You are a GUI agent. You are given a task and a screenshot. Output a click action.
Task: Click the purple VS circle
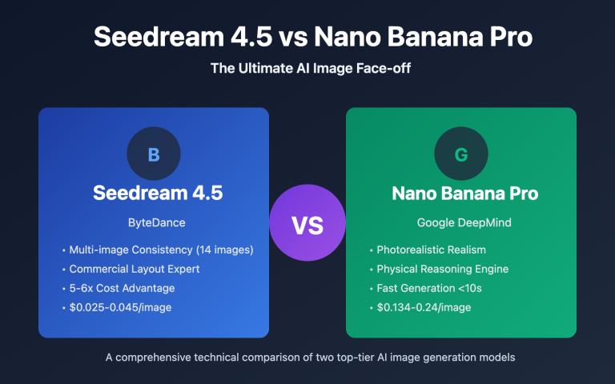click(307, 226)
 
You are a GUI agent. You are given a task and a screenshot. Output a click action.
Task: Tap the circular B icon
click(154, 154)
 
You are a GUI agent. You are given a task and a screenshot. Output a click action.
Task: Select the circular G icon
click(460, 154)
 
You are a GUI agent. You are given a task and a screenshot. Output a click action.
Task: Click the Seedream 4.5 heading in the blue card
click(154, 194)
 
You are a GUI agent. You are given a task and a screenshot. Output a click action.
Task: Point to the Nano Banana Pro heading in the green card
click(460, 194)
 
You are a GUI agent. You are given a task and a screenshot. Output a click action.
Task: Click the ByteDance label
click(154, 222)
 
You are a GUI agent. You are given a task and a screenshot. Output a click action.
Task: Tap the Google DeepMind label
click(460, 222)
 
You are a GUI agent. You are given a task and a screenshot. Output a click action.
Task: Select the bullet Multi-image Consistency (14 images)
click(161, 250)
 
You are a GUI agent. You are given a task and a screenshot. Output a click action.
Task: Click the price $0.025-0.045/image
click(121, 307)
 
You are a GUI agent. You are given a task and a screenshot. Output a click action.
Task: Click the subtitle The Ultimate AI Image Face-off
click(307, 69)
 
